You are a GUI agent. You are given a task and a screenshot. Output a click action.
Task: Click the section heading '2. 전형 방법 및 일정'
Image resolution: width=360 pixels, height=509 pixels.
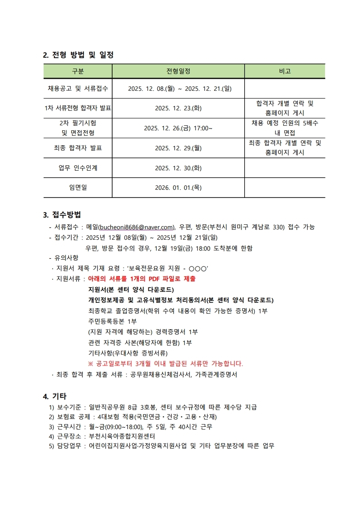tap(78, 55)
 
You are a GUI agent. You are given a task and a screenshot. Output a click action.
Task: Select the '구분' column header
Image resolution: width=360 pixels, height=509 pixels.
tap(78, 71)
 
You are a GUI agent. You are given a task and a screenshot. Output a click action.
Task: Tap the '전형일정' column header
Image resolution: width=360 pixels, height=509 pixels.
tap(178, 71)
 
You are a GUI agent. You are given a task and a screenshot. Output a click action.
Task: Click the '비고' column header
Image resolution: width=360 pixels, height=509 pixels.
tap(285, 71)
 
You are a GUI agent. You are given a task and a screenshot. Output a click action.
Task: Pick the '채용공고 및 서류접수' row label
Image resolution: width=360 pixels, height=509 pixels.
tap(78, 89)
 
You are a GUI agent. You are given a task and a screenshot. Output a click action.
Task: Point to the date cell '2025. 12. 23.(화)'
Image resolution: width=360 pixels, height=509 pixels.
tap(178, 108)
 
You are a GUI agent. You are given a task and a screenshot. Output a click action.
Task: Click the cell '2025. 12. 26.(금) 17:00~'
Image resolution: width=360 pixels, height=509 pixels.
tap(178, 128)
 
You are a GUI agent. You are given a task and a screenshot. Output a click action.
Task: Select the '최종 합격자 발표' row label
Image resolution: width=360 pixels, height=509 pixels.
tap(78, 148)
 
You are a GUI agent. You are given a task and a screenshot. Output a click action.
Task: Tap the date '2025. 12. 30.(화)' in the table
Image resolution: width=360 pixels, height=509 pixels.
tap(178, 168)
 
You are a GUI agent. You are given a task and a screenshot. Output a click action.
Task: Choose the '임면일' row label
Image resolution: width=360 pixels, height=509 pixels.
tap(78, 188)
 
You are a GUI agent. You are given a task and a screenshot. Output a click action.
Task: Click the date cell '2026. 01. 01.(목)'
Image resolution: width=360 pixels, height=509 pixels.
tap(178, 188)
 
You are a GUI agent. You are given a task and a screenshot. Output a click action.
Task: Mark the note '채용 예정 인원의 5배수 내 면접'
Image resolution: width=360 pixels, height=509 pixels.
tap(285, 128)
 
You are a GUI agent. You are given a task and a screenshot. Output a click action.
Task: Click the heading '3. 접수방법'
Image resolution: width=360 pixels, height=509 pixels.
tap(62, 214)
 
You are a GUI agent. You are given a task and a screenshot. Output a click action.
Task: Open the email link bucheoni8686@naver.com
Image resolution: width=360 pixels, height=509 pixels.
tap(137, 227)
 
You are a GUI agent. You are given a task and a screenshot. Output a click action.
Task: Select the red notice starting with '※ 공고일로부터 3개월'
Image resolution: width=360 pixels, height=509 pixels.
tap(166, 364)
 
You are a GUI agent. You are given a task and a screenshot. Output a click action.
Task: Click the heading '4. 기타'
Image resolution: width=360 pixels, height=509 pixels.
tap(55, 396)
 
